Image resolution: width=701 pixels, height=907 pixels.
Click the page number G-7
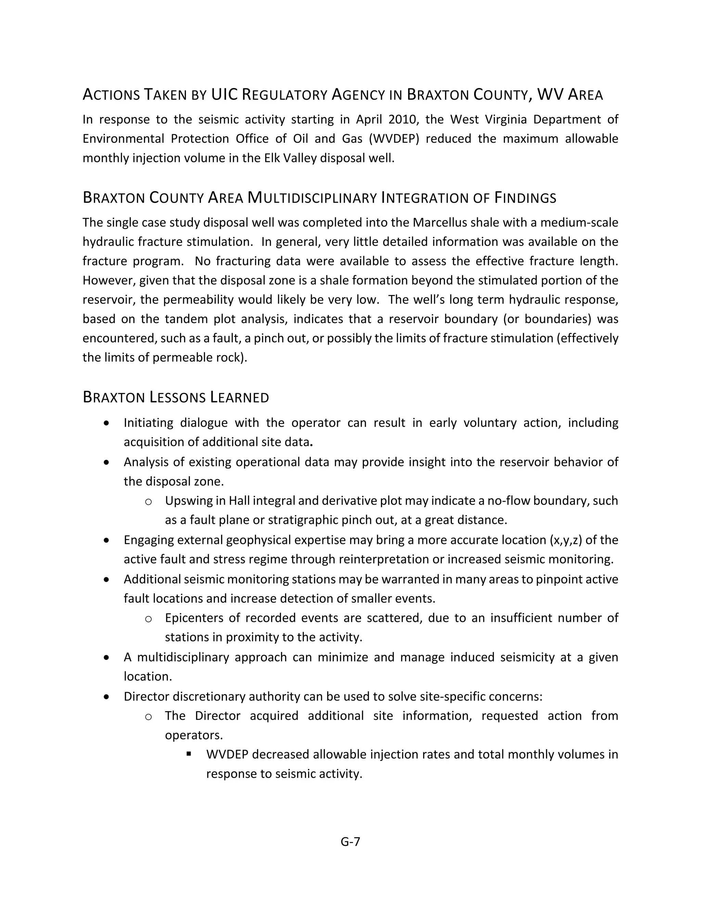pos(350,841)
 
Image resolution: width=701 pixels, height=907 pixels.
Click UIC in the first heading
pos(224,95)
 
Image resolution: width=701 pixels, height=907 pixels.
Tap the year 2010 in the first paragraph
pos(401,119)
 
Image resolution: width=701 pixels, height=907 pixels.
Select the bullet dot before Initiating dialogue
pos(107,423)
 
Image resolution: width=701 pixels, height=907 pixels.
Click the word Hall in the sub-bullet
pos(239,501)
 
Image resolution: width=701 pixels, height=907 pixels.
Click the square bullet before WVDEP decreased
pos(189,753)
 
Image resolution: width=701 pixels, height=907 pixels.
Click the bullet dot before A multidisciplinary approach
pos(107,657)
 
